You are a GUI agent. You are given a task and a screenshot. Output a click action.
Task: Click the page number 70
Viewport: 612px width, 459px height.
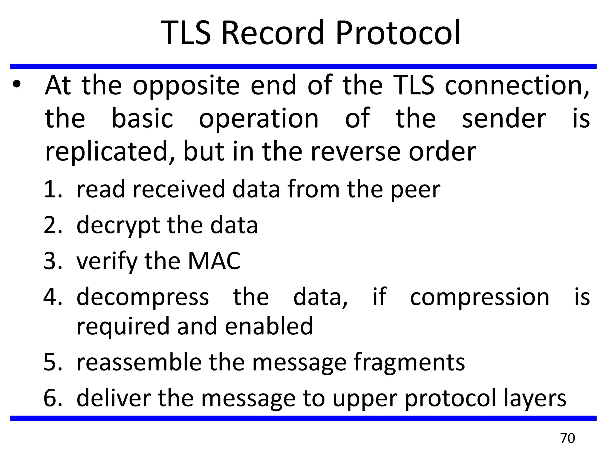click(x=567, y=438)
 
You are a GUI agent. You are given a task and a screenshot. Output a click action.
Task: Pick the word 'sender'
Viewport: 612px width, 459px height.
click(x=504, y=119)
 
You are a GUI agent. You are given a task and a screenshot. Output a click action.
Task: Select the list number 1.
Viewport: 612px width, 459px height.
click(x=53, y=189)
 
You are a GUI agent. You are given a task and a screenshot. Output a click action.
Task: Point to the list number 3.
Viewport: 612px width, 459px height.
click(x=53, y=261)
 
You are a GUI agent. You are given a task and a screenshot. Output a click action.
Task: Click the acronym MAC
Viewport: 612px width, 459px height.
click(x=214, y=261)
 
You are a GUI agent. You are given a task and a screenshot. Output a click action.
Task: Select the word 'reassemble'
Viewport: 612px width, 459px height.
click(x=139, y=362)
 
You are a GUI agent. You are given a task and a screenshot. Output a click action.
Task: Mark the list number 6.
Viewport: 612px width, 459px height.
click(x=53, y=398)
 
